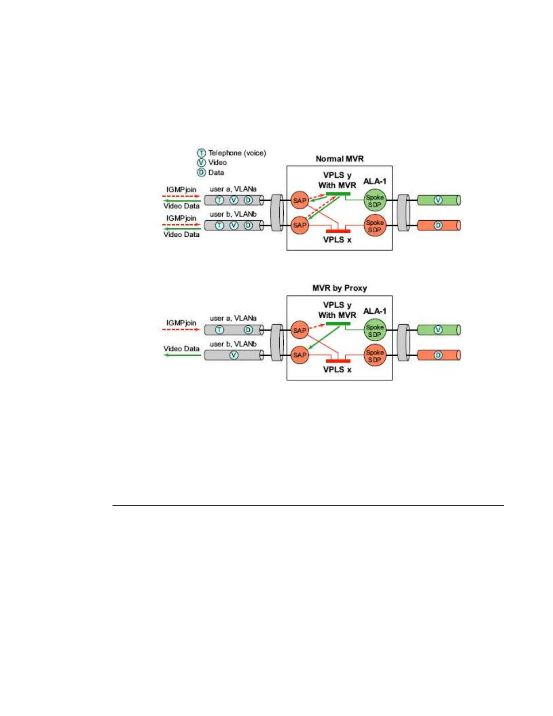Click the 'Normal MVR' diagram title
pyautogui.click(x=339, y=159)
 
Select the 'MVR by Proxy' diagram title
pyautogui.click(x=339, y=288)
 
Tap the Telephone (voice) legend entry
pyautogui.click(x=231, y=153)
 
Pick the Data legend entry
pyautogui.click(x=211, y=172)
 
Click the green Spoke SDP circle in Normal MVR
pyautogui.click(x=375, y=201)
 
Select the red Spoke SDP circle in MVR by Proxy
pyautogui.click(x=375, y=356)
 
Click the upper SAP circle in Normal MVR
pyautogui.click(x=300, y=200)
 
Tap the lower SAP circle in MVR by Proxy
pyautogui.click(x=300, y=355)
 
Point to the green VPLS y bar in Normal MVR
pyautogui.click(x=338, y=194)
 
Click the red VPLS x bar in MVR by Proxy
pyautogui.click(x=338, y=361)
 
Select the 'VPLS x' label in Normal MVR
pyautogui.click(x=337, y=240)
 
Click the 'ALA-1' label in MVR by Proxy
pyautogui.click(x=375, y=311)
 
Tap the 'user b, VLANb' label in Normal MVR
pyautogui.click(x=233, y=214)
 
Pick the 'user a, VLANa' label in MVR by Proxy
pyautogui.click(x=233, y=318)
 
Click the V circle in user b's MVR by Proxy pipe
pyautogui.click(x=234, y=355)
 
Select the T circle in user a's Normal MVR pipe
pyautogui.click(x=219, y=200)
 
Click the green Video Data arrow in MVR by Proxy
pyautogui.click(x=182, y=355)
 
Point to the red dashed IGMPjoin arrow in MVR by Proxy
pyautogui.click(x=181, y=330)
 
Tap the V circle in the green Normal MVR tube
pyautogui.click(x=438, y=200)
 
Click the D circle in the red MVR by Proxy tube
pyautogui.click(x=438, y=355)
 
